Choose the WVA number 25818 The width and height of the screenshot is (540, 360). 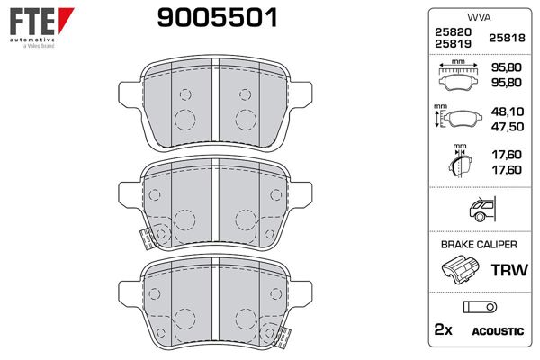pyautogui.click(x=505, y=37)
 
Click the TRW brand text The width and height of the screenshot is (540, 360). pyautogui.click(x=506, y=269)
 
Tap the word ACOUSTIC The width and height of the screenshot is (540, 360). pyautogui.click(x=497, y=331)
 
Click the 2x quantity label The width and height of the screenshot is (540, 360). pyautogui.click(x=443, y=331)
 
